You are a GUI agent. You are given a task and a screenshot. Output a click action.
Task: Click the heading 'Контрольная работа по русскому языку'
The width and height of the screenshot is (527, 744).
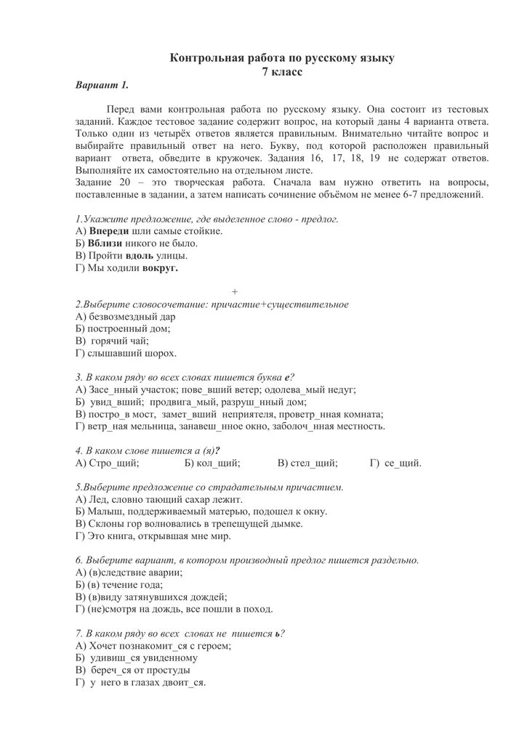click(x=282, y=57)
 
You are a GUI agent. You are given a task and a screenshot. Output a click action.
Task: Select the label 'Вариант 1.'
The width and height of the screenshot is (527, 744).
click(x=102, y=85)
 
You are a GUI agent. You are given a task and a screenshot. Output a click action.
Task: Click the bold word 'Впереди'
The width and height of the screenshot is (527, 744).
click(x=109, y=230)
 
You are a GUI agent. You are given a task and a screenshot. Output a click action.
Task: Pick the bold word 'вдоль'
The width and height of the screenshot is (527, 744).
click(x=140, y=255)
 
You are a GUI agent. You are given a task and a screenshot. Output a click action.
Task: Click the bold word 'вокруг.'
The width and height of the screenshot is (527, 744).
click(x=161, y=267)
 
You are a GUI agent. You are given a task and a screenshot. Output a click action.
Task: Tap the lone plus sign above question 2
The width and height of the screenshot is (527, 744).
click(x=235, y=291)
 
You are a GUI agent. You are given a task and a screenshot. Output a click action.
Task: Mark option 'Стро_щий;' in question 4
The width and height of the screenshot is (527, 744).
click(x=115, y=462)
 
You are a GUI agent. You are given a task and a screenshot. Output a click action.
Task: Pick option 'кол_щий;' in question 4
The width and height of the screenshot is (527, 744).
click(x=217, y=462)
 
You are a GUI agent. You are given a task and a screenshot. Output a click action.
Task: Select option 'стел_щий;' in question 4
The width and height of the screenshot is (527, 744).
click(x=313, y=462)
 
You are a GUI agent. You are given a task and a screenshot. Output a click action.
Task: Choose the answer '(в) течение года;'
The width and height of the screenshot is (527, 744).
click(x=126, y=585)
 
